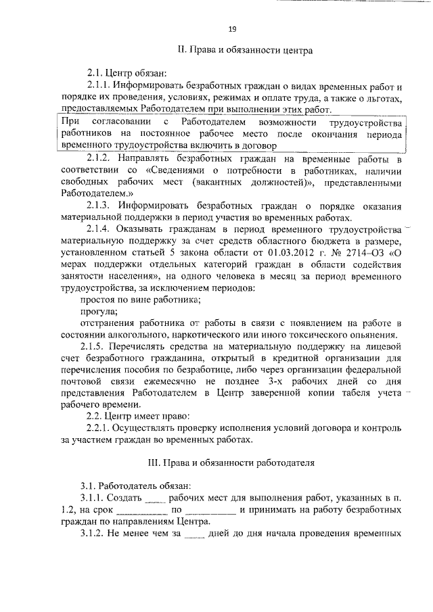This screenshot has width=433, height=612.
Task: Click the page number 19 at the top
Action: [231, 28]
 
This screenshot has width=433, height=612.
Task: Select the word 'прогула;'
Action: [99, 312]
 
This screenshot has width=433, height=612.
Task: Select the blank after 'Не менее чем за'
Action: [193, 534]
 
